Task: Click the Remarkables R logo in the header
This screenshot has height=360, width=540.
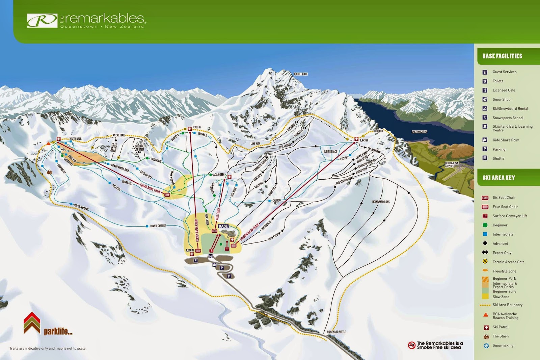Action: (x=42, y=21)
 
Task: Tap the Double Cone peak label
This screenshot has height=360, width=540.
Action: (x=300, y=74)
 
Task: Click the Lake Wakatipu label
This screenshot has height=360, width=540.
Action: (x=419, y=132)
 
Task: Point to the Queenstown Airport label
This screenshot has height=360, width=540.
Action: (x=452, y=164)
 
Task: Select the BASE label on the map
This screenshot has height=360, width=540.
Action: (x=223, y=226)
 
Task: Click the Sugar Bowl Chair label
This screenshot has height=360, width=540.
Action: (x=150, y=188)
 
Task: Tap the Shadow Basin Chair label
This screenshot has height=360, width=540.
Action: (x=249, y=232)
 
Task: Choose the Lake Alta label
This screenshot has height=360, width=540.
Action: (x=255, y=144)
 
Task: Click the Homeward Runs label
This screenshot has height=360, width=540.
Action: (x=381, y=202)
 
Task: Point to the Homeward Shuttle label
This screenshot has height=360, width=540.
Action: (x=336, y=332)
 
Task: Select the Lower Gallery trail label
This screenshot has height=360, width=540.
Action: (x=158, y=226)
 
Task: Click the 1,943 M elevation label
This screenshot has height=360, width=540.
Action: (x=364, y=140)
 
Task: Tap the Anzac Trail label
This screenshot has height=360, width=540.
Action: (x=118, y=135)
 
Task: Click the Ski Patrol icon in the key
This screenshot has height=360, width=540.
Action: (x=486, y=327)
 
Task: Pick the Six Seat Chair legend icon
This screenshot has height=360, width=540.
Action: (x=485, y=198)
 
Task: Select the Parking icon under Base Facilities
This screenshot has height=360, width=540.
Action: (x=485, y=149)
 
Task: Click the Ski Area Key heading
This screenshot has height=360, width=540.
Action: (x=498, y=178)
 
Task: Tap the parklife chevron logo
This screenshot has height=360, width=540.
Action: (x=32, y=323)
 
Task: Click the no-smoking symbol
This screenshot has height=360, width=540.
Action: (x=411, y=345)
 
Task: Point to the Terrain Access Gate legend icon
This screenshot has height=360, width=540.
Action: (x=485, y=262)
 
